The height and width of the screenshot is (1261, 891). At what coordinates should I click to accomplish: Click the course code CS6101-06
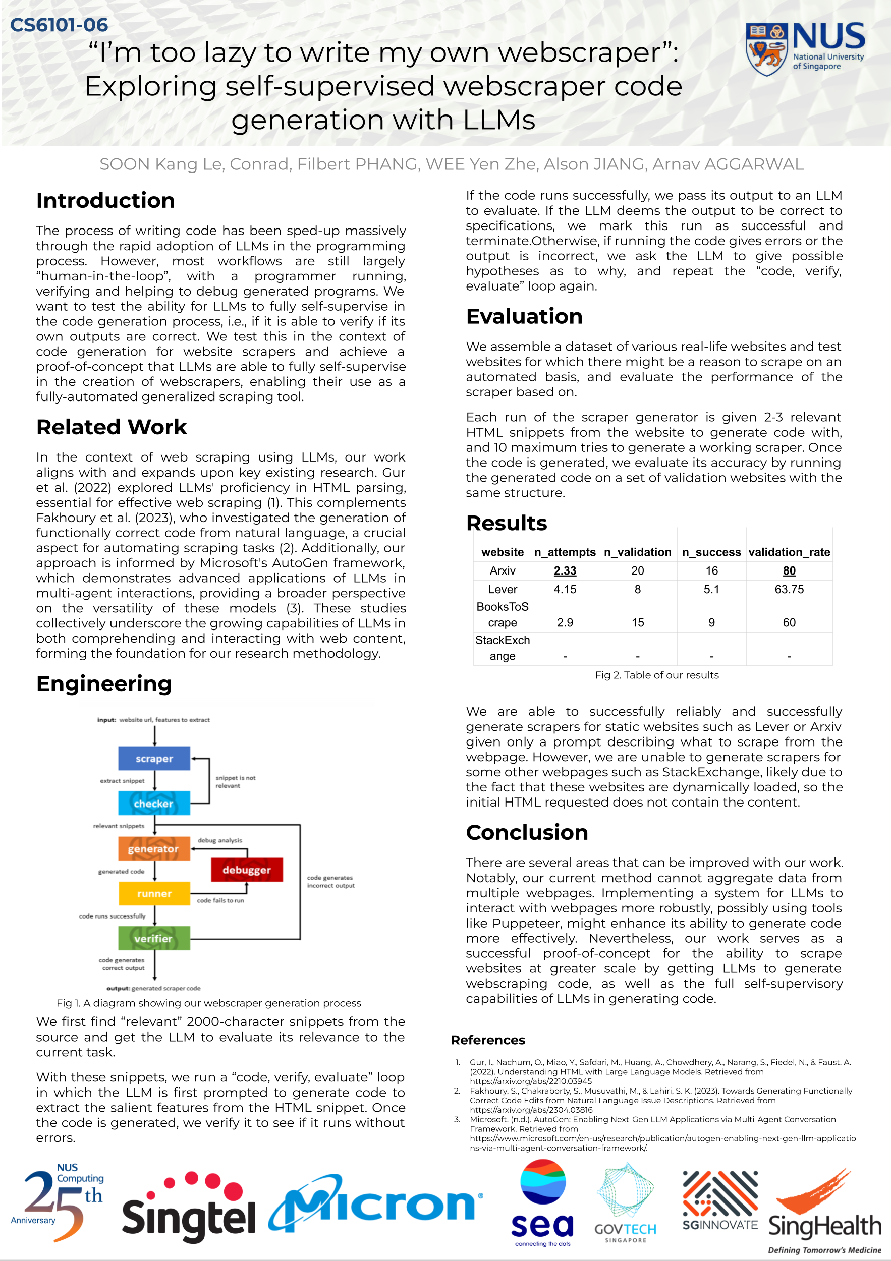pos(59,25)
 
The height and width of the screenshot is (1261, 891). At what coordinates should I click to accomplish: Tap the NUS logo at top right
pos(805,48)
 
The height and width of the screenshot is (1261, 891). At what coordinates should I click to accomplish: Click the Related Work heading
pos(112,427)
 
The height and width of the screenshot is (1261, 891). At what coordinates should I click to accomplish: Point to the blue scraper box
pos(154,758)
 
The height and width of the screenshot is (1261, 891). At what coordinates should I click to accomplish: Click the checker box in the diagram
pos(154,803)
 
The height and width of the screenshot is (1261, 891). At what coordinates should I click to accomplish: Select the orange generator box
pos(154,848)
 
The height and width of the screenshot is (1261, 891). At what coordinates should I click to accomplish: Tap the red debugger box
pos(247,870)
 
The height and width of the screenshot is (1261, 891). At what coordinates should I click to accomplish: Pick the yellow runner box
pos(154,894)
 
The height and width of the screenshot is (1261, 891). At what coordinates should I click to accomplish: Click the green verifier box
pos(154,939)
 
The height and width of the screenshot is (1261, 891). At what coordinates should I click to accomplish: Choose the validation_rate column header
pos(789,552)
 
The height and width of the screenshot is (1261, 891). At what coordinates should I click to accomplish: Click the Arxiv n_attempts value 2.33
pos(565,570)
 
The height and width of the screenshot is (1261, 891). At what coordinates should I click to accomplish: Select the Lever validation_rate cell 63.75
pos(789,589)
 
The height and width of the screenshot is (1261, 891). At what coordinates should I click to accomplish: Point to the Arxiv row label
pos(502,570)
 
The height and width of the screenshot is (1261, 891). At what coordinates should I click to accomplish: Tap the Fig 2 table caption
pos(656,675)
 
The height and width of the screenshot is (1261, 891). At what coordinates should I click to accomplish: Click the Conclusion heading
pos(527,832)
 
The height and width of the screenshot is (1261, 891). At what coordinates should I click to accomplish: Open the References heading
pos(488,1040)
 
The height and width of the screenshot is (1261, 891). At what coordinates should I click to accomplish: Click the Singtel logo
pos(188,1208)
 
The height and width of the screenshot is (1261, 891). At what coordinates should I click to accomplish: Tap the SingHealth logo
pos(824,1214)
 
